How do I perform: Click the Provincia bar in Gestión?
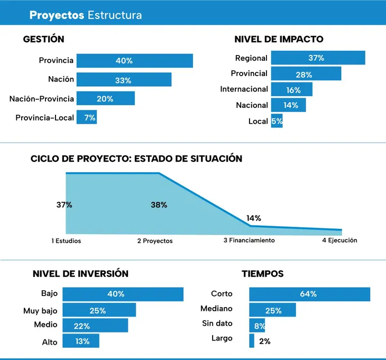134,60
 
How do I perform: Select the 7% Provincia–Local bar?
86,117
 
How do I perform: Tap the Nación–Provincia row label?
42,98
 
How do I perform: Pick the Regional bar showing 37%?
318,58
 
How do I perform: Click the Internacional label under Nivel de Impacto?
244,89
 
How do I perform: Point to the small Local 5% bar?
277,121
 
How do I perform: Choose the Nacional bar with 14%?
288,105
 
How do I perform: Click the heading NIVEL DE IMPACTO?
279,39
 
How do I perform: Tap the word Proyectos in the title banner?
57,15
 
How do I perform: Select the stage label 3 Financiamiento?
249,240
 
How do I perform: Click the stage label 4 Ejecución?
339,240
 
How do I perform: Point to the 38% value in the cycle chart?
159,205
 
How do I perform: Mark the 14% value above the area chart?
253,218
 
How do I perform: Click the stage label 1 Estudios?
66,241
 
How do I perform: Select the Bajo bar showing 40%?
123,294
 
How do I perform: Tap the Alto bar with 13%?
80,341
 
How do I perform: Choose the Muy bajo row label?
40,310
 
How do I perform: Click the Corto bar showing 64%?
309,294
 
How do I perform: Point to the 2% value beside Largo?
264,341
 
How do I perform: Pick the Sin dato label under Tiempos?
217,323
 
